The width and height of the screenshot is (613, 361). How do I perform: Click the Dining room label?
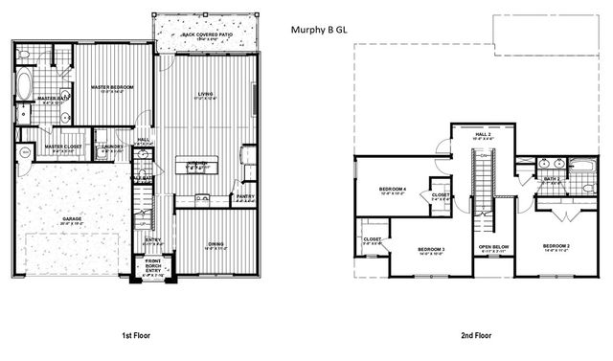coord(216,246)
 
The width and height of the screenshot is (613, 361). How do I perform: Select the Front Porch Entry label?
coord(153,265)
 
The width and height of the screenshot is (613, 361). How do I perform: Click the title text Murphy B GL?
coord(320,30)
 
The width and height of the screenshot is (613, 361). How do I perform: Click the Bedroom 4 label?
coord(393,191)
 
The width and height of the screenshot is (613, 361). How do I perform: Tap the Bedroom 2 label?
coord(556,247)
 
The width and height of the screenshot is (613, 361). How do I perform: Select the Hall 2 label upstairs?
coord(484,136)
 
